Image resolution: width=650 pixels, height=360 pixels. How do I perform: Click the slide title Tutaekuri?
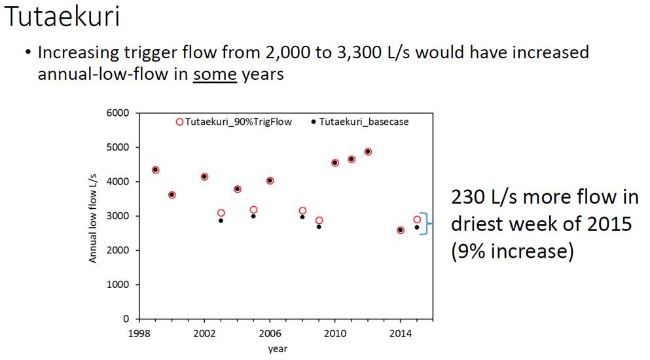[x=63, y=16]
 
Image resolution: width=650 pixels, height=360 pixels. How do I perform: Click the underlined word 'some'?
[x=215, y=75]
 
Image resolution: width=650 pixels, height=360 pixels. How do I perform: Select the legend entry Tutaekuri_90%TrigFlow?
[x=234, y=122]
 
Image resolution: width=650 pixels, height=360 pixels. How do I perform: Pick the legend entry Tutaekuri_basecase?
[x=359, y=122]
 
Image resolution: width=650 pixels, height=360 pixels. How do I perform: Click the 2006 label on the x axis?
[x=270, y=333]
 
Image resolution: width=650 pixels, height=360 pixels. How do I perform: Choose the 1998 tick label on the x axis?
[x=139, y=333]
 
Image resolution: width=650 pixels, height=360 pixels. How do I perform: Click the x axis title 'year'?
[x=278, y=350]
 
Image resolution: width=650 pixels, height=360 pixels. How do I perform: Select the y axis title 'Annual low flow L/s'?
[x=92, y=218]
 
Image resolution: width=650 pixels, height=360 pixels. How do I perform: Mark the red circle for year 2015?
[x=417, y=219]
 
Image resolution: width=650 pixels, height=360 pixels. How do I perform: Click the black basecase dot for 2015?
[x=417, y=227]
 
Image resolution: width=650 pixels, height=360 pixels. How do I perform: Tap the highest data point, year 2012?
[x=368, y=152]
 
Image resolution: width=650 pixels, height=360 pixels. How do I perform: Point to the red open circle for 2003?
[x=221, y=213]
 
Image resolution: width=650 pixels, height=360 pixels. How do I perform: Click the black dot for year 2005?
[x=253, y=216]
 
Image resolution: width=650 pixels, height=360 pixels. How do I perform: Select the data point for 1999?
[x=155, y=170]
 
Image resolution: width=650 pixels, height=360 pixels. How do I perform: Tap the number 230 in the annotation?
[x=467, y=197]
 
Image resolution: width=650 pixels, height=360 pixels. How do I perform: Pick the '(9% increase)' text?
[x=513, y=252]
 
